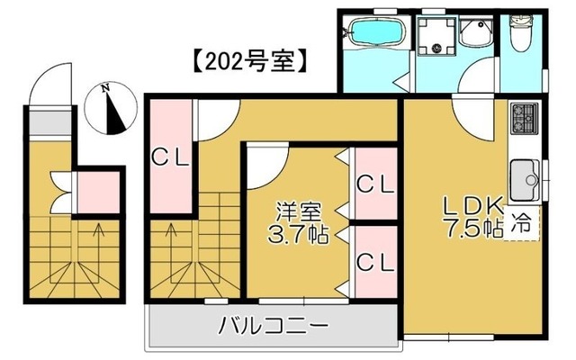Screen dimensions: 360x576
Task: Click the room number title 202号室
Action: click(251, 64)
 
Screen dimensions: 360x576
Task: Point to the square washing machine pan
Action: click(438, 33)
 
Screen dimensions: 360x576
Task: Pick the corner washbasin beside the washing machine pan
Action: click(474, 34)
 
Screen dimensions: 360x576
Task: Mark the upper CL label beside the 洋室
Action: click(374, 184)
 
